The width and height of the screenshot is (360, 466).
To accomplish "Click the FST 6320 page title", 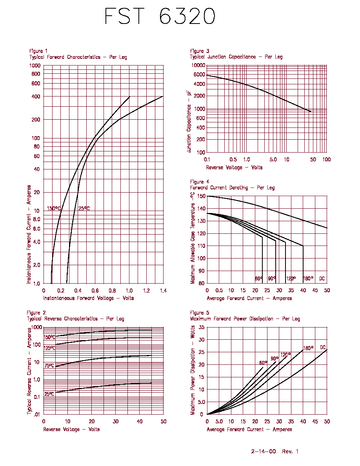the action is pyautogui.click(x=160, y=16).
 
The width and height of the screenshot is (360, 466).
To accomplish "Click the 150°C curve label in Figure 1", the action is pyautogui.click(x=54, y=208).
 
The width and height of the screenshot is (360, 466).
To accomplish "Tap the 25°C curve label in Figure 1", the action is pyautogui.click(x=84, y=208).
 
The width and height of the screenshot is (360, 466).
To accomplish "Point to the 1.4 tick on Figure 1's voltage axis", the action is pyautogui.click(x=164, y=291).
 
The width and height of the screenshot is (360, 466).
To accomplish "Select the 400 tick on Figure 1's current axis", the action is pyautogui.click(x=36, y=96).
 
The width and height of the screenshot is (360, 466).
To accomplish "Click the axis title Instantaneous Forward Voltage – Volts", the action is pyautogui.click(x=89, y=298).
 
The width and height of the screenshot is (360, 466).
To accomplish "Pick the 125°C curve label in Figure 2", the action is pyautogui.click(x=49, y=348).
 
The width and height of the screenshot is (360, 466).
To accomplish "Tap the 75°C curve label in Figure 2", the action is pyautogui.click(x=49, y=366).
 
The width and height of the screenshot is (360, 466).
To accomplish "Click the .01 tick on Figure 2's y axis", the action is pyautogui.click(x=36, y=414).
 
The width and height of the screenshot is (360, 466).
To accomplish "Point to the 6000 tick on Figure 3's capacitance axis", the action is pyautogui.click(x=199, y=75).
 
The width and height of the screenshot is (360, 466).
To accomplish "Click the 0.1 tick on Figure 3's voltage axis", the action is pyautogui.click(x=207, y=160).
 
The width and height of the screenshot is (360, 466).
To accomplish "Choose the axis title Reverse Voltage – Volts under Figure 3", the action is pyautogui.click(x=234, y=167).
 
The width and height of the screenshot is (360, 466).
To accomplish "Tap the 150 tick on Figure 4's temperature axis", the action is pyautogui.click(x=201, y=196).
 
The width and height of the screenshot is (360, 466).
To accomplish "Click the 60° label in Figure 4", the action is pyautogui.click(x=259, y=279).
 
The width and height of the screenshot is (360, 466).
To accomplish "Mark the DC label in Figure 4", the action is pyautogui.click(x=322, y=279).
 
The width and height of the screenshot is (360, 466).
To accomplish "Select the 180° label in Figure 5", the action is pyautogui.click(x=308, y=348).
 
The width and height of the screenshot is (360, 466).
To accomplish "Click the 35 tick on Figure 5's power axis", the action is pyautogui.click(x=202, y=327).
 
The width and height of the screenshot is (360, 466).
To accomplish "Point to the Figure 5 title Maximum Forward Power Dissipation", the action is pyautogui.click(x=232, y=319).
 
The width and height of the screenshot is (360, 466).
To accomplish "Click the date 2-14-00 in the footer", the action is pyautogui.click(x=264, y=451).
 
